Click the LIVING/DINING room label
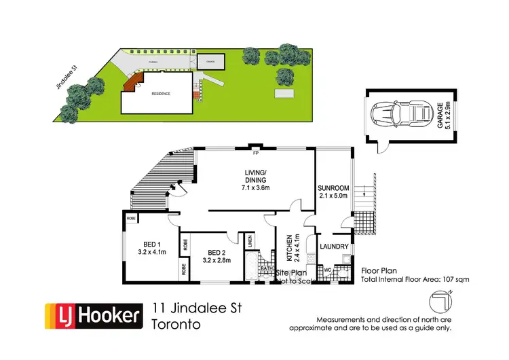pyautogui.click(x=252, y=175)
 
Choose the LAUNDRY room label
pyautogui.click(x=334, y=247)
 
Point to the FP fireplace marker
pyautogui.click(x=256, y=151)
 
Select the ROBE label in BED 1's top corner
pyautogui.click(x=130, y=219)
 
